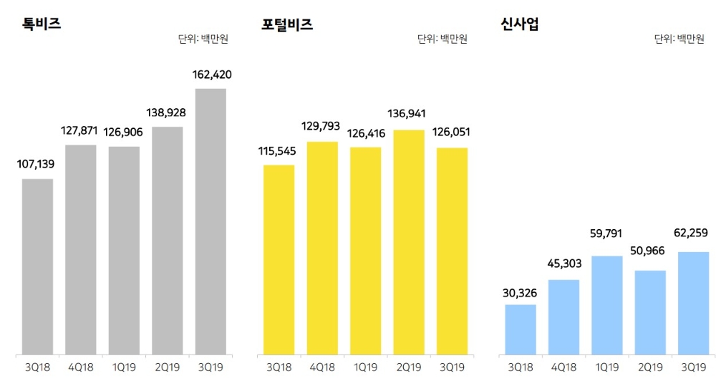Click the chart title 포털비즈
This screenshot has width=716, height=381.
point(287,24)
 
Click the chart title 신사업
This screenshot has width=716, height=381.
point(521,24)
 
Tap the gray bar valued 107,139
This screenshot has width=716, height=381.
point(37,266)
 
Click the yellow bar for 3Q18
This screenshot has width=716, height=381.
point(279,259)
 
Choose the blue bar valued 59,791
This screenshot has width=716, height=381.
point(607,304)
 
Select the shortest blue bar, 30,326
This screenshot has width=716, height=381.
point(521,329)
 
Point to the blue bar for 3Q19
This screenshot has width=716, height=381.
point(694,303)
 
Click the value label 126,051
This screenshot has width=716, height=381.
point(453,132)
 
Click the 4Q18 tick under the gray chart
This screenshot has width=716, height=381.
point(81,367)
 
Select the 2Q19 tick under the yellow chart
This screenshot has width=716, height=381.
point(409,367)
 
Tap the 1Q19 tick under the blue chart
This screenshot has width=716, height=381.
point(607,367)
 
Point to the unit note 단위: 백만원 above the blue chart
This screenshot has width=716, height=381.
point(679,39)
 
